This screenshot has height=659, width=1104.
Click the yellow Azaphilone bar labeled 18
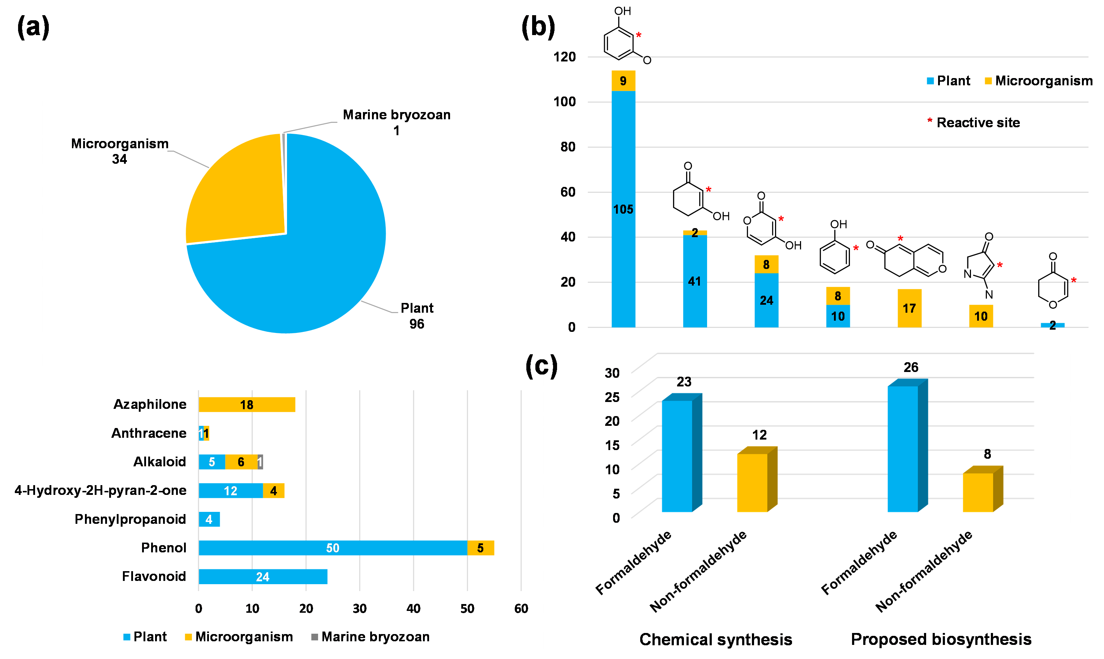point(247,405)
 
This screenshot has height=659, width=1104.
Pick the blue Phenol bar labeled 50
point(333,548)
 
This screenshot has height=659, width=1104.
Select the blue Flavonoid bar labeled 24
point(263,577)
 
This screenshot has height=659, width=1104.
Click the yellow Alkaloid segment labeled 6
point(241,462)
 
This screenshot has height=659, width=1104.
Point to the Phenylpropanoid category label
point(130,519)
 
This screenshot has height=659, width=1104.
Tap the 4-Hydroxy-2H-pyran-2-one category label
point(100,490)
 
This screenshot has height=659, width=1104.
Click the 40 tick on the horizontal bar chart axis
point(414,608)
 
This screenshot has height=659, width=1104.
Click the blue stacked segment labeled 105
point(624,209)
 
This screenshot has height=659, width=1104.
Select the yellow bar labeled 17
point(910,308)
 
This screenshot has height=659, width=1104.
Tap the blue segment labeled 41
point(694,281)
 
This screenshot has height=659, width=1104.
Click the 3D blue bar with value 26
point(902,449)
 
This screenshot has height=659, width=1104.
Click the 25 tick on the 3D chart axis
point(612,397)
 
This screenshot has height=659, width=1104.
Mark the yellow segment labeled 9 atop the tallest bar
point(624,81)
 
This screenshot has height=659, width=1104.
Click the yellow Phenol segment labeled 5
point(480,548)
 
